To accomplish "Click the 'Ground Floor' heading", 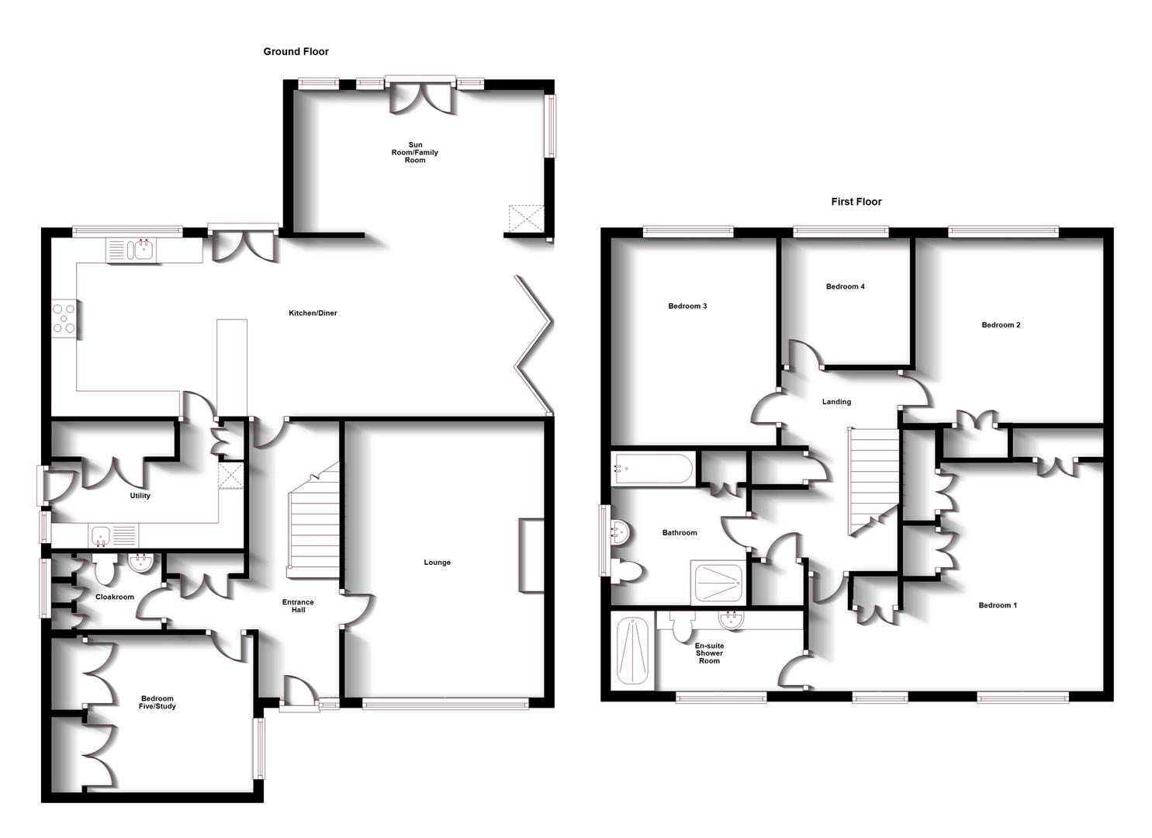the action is coord(296,51).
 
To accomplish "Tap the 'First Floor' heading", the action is coord(856,202).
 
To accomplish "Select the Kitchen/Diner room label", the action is coord(313,313).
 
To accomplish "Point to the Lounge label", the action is coord(438,563).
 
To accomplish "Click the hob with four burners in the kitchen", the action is coord(64,319).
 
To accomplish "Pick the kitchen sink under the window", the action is coord(131,251).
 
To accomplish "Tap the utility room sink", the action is coord(113,535).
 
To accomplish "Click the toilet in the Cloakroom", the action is coord(106,569).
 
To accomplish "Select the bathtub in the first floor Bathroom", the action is coord(652,469).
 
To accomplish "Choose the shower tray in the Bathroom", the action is coord(718,582).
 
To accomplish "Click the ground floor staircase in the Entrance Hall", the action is coord(313,520).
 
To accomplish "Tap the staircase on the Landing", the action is coord(873,481).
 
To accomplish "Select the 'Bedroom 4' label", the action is coord(845,286).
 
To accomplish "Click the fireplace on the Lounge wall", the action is coord(531,556).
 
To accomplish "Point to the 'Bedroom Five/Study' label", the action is coord(157,702).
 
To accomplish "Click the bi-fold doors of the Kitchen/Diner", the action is coord(533,345).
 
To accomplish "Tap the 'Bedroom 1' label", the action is coord(997,605).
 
